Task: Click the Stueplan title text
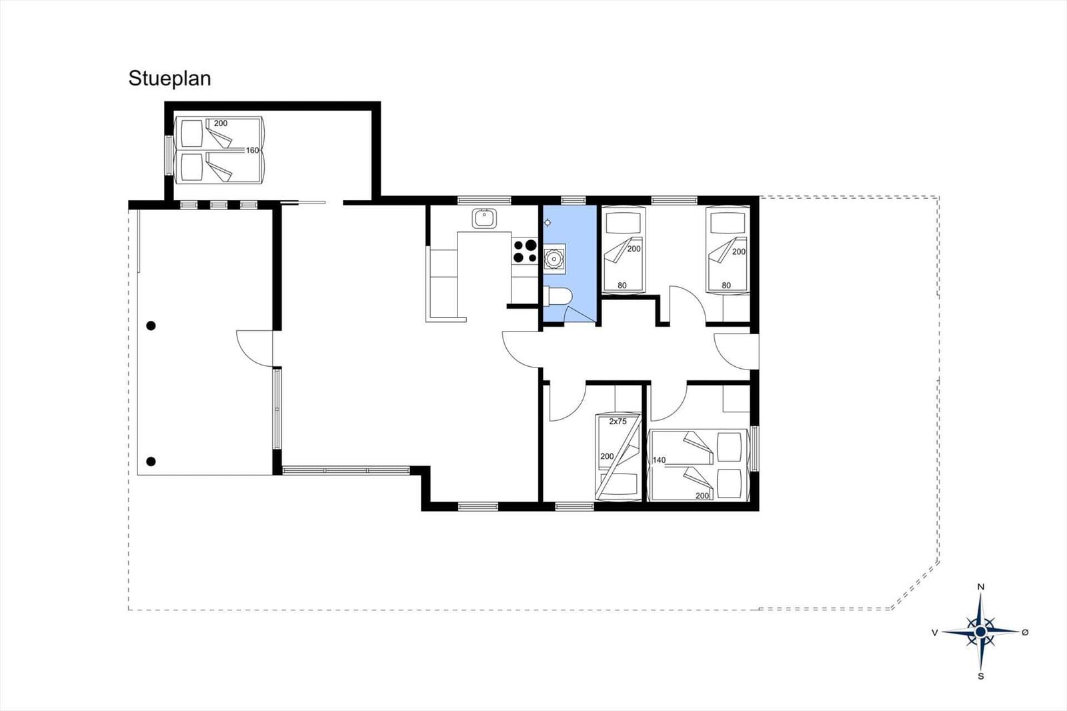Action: (x=169, y=79)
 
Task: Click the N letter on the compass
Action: (x=980, y=587)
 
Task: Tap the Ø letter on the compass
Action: (x=1025, y=632)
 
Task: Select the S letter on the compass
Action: (x=980, y=676)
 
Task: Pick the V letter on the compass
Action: (x=935, y=632)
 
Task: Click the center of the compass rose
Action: (x=980, y=631)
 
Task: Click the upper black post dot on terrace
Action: (x=151, y=325)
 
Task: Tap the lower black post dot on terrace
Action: (x=151, y=461)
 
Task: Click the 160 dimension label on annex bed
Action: (x=252, y=151)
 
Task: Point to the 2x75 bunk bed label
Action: (x=618, y=422)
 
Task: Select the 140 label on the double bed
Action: (x=660, y=460)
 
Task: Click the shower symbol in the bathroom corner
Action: (x=548, y=222)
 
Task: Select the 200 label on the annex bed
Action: (x=220, y=123)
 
